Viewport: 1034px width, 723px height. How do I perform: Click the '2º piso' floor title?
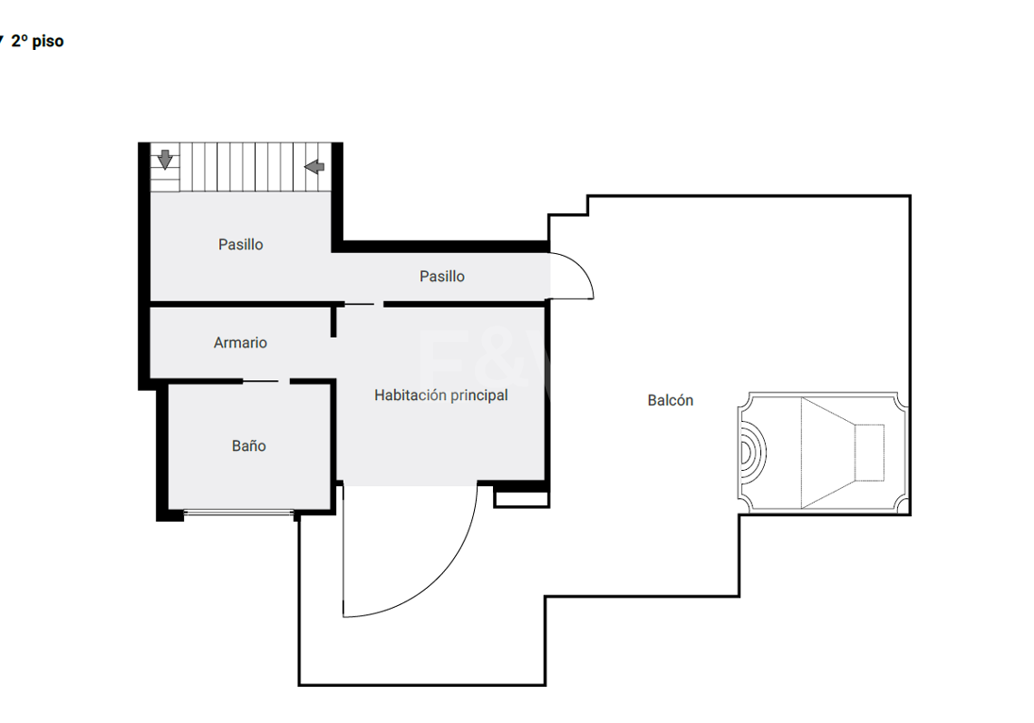37,41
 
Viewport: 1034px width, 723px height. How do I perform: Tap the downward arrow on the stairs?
165,159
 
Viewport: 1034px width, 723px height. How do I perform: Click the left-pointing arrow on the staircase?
314,166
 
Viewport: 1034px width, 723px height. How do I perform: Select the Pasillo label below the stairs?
241,244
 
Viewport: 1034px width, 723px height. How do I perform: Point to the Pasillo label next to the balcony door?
442,276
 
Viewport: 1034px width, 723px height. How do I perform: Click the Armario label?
240,342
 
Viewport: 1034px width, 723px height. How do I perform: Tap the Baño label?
248,445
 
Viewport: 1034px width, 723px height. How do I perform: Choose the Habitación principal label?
441,395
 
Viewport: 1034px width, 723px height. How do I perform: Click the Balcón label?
670,400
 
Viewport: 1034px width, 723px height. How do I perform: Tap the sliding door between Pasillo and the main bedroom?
360,304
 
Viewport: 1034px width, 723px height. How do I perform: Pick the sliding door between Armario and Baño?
261,381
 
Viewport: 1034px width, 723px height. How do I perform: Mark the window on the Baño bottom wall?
238,512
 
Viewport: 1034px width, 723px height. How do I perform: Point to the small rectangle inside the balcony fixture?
869,453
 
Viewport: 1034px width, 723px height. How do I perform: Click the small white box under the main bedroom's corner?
522,499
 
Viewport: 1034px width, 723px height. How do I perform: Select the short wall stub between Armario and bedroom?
333,321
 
